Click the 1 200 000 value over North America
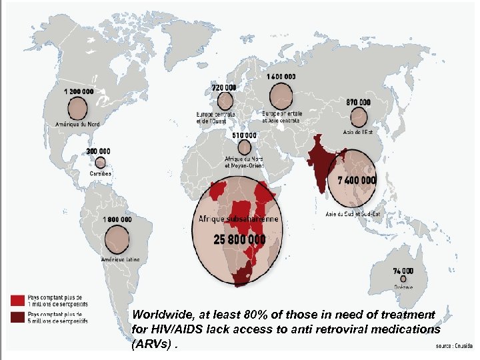click(x=79, y=91)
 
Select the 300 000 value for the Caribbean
click(x=99, y=151)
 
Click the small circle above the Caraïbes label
click(x=100, y=162)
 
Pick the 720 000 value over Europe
click(x=224, y=87)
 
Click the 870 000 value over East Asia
click(x=358, y=102)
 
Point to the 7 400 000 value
click(x=357, y=181)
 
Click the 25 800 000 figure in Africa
click(x=239, y=238)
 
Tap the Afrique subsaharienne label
click(x=239, y=219)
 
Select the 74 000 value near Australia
click(x=403, y=271)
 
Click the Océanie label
click(x=403, y=306)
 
